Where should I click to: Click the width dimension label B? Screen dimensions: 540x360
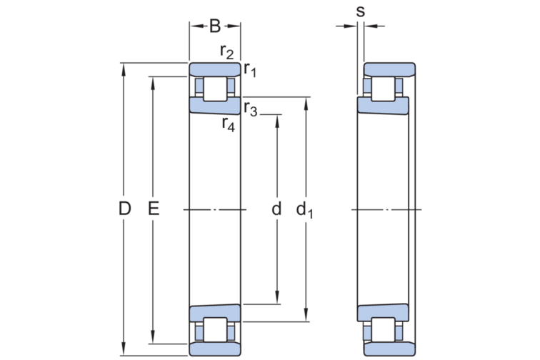[x=215, y=26]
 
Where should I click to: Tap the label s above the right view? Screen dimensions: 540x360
[x=360, y=11]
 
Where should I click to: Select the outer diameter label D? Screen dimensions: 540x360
[x=125, y=209]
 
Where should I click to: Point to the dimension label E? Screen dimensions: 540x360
[x=154, y=209]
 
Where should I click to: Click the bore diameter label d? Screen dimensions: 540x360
[x=276, y=209]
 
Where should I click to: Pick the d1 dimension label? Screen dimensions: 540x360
[x=305, y=210]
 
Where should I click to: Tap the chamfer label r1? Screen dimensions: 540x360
[x=250, y=69]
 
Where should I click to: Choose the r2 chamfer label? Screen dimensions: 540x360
[x=227, y=51]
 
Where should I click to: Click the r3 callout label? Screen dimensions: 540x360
[x=251, y=109]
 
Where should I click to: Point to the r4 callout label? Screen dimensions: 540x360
[x=229, y=124]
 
